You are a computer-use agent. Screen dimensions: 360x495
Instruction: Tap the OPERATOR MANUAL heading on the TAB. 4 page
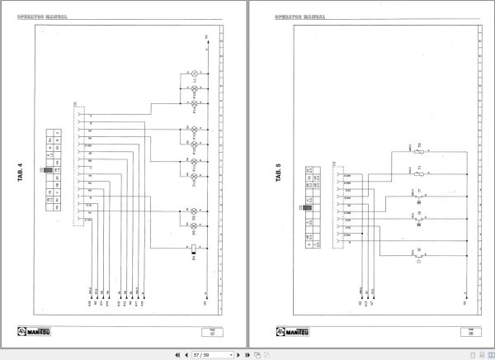point(41,16)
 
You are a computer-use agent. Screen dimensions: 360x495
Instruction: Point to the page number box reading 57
point(212,334)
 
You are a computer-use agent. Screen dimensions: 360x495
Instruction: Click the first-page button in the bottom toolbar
point(177,354)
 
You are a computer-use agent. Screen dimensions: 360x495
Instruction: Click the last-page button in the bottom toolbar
point(246,354)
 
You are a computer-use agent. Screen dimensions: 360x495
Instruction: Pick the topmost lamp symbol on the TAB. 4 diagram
point(195,75)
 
